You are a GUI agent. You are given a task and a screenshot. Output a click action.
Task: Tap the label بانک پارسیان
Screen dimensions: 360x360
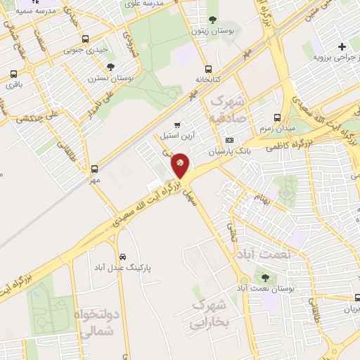tap(229, 151)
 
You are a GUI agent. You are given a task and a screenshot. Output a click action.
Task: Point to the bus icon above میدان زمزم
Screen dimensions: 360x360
tap(278, 117)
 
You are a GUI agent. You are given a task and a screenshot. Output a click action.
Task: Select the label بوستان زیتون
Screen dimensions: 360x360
tap(214, 32)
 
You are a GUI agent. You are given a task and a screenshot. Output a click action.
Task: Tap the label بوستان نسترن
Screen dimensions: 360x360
tap(106, 78)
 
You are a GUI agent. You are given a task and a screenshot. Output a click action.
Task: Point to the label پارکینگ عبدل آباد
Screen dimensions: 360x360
tap(123, 268)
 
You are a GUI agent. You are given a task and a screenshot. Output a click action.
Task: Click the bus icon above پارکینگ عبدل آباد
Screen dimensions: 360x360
tap(123, 257)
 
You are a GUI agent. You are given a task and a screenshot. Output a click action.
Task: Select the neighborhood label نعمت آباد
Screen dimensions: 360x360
tap(263, 253)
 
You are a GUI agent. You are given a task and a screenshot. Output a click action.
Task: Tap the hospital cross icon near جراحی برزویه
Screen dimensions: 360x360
tap(342, 47)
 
